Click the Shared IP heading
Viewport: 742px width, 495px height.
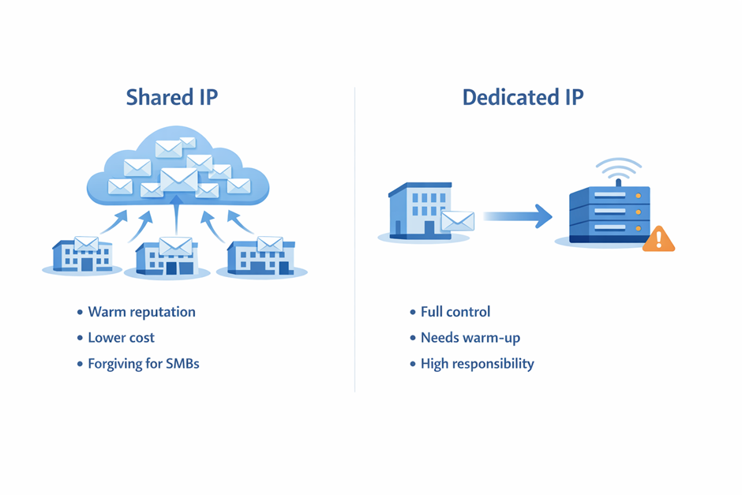[x=171, y=97]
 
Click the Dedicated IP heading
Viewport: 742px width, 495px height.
[x=523, y=97]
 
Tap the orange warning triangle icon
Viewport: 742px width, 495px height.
[x=658, y=238]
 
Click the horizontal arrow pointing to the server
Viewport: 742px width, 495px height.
[x=517, y=215]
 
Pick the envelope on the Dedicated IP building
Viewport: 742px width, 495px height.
[x=457, y=221]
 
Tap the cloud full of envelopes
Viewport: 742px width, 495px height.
[x=178, y=171]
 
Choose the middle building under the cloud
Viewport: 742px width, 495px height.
[x=167, y=257]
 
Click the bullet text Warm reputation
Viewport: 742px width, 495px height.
[x=141, y=312]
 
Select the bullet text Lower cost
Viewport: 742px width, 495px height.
[x=121, y=338]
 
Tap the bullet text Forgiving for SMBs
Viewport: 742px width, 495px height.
[x=143, y=364]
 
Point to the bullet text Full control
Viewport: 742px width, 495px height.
[x=455, y=312]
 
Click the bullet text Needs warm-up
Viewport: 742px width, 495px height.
[x=470, y=338]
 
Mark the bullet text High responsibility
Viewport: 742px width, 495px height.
[x=477, y=364]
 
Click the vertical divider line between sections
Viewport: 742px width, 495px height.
[x=355, y=237]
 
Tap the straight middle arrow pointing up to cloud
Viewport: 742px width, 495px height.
[x=177, y=217]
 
